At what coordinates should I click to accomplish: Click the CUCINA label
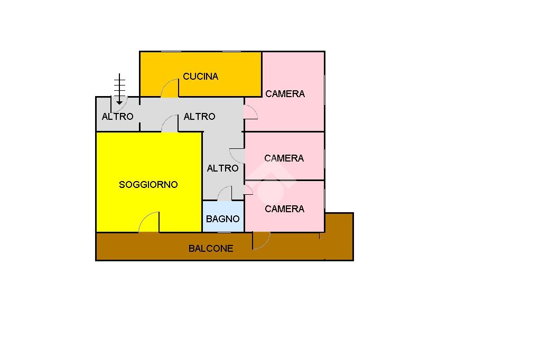200,77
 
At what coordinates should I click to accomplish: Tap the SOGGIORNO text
148,185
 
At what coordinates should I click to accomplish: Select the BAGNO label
223,219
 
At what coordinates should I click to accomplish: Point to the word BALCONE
211,249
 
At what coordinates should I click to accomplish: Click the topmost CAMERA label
285,94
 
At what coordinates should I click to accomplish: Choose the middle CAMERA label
284,158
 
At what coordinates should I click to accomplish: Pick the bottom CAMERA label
285,209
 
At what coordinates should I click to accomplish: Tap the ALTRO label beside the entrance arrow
118,117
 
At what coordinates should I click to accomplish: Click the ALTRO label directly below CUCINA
199,117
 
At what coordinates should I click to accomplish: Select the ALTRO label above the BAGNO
223,168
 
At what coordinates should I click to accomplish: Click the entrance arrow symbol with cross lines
119,89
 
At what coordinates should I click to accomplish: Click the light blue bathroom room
223,216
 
